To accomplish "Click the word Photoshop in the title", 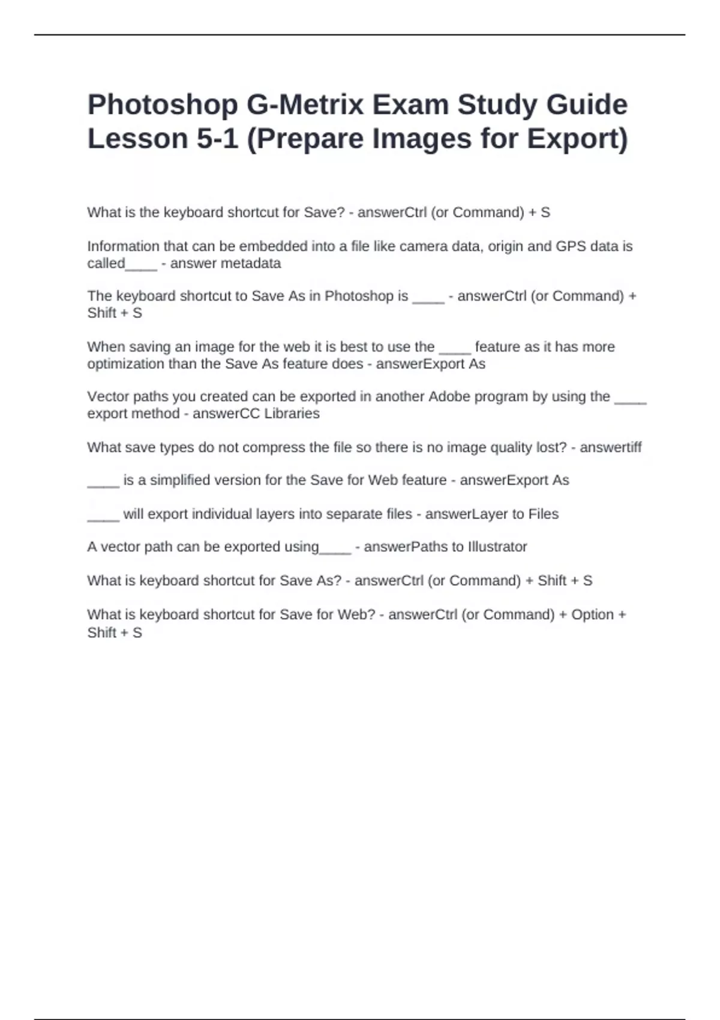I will pyautogui.click(x=162, y=106).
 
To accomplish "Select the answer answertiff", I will pyautogui.click(x=610, y=448).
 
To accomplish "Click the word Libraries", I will pyautogui.click(x=291, y=413).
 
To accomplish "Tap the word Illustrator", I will pyautogui.click(x=497, y=547).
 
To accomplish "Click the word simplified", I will pyautogui.click(x=184, y=480).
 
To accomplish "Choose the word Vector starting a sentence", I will pyautogui.click(x=106, y=397).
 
